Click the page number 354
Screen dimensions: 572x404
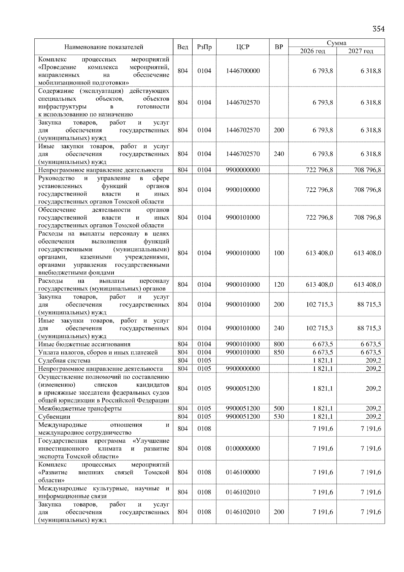(x=378, y=29)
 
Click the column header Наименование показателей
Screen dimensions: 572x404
(x=104, y=47)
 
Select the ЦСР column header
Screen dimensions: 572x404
(x=243, y=47)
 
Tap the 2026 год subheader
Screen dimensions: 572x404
(x=312, y=51)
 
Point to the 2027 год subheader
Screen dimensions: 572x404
(x=361, y=51)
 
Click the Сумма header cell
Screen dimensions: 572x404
(x=336, y=43)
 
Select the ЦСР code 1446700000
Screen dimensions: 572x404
(x=243, y=71)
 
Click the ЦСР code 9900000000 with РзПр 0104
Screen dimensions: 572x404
(x=243, y=170)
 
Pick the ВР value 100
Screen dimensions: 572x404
(x=279, y=253)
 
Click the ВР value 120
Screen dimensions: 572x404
(x=279, y=285)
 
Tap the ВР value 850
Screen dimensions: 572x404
(x=279, y=352)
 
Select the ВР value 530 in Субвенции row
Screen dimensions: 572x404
(x=279, y=417)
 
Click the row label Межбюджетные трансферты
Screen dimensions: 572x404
(x=80, y=409)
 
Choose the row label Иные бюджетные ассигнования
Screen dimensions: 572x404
(x=84, y=344)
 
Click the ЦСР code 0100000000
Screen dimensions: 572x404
(x=243, y=449)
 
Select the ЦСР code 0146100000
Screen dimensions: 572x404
(x=243, y=472)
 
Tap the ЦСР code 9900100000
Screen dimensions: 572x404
(x=243, y=190)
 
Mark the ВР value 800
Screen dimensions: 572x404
(x=279, y=344)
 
